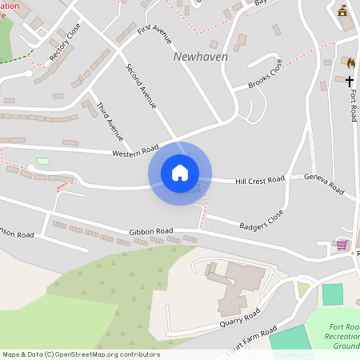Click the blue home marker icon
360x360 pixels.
click(180, 173)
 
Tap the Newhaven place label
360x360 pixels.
click(200, 57)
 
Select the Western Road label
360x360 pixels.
click(135, 150)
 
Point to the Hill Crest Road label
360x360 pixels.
click(259, 181)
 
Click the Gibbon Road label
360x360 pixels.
click(151, 231)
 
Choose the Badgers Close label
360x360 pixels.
click(261, 220)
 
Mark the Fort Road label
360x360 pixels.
click(354, 105)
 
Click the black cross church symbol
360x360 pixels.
click(349, 81)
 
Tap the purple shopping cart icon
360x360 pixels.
click(342, 244)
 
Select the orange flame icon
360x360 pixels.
click(350, 62)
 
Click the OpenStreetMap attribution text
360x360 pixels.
click(81, 354)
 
